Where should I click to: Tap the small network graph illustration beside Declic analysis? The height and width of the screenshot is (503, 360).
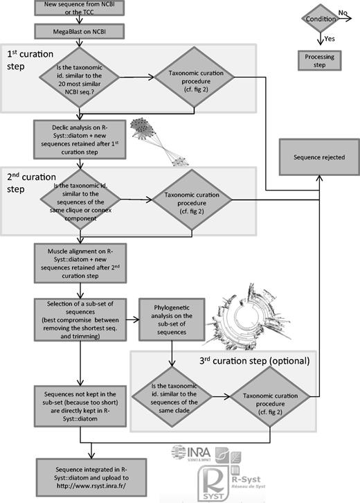157,139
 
